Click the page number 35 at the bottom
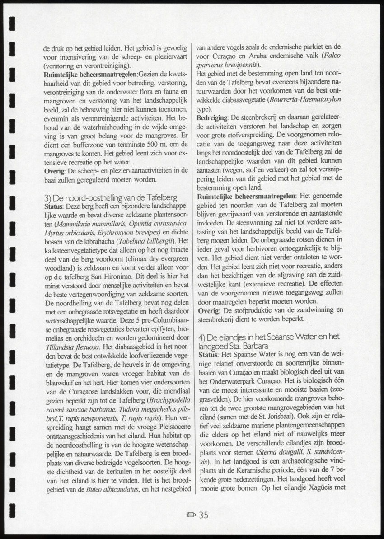(x=203, y=515)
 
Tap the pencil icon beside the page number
(x=191, y=516)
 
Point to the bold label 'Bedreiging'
(x=212, y=117)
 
